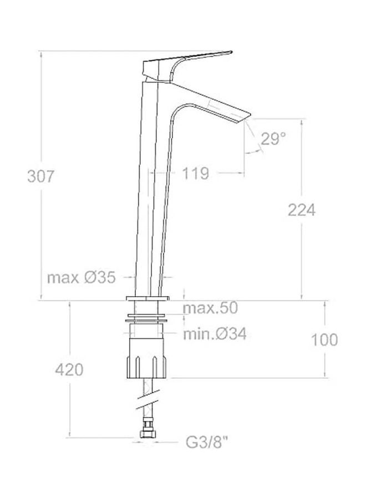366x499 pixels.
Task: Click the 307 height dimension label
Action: click(42, 176)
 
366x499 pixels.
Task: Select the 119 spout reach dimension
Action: click(195, 174)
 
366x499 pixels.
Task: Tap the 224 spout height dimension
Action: click(301, 210)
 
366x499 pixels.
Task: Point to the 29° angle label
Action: click(273, 139)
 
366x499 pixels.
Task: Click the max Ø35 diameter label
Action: click(81, 277)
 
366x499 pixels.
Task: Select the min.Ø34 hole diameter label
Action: click(215, 334)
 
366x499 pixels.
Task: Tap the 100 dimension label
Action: click(324, 339)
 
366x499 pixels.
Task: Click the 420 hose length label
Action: click(69, 369)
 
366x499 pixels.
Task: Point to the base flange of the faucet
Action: click(146, 299)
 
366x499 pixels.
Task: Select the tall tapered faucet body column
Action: click(148, 189)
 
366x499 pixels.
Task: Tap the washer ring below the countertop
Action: click(146, 319)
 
